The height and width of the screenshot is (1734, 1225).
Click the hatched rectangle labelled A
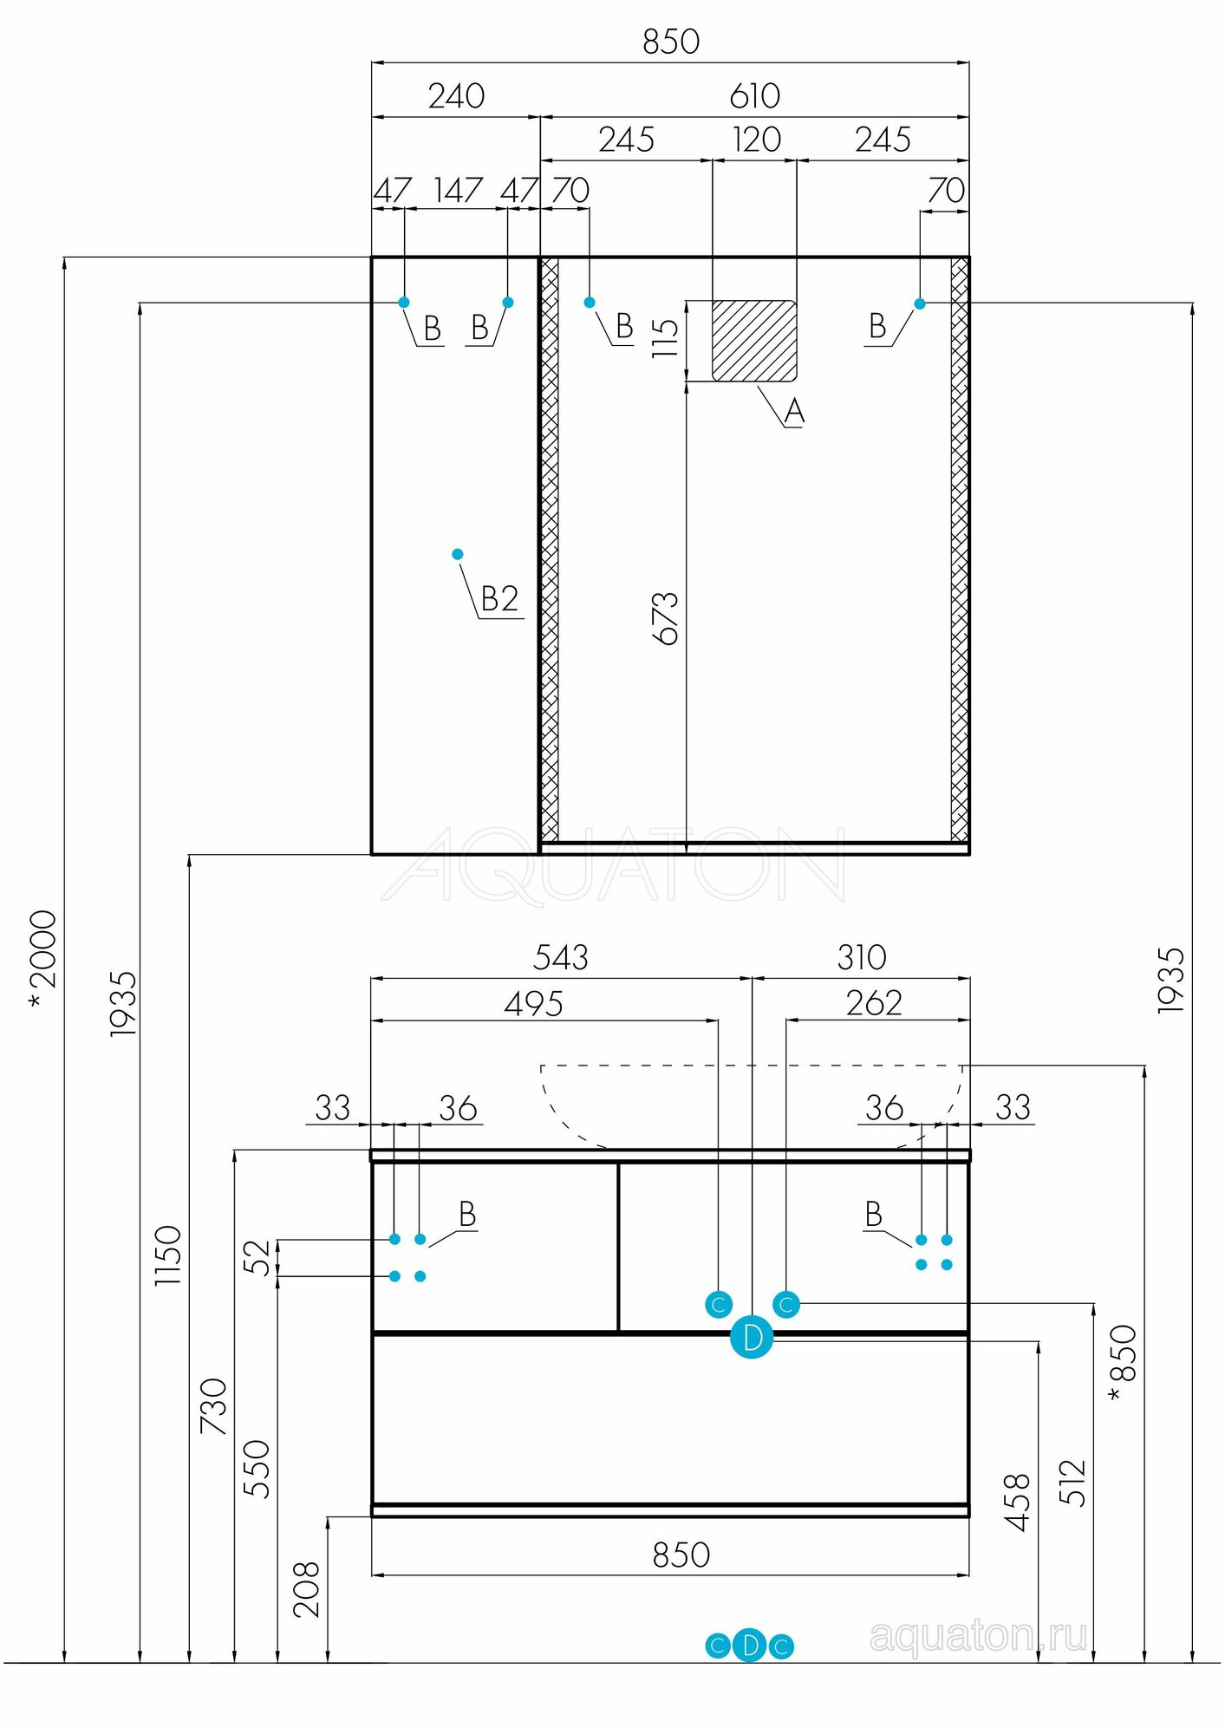tap(753, 340)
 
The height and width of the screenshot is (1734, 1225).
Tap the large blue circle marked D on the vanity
tap(752, 1337)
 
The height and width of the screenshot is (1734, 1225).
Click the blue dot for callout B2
tap(458, 554)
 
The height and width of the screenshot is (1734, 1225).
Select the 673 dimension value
tap(665, 618)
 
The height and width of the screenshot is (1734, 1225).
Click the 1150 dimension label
tap(167, 1255)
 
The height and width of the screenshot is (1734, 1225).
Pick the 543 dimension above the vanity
tap(560, 958)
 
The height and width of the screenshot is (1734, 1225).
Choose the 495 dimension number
tap(533, 1004)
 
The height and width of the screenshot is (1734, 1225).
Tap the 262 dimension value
tap(874, 1003)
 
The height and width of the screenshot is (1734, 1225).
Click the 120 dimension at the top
tap(756, 140)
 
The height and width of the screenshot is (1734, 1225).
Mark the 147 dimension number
tap(458, 191)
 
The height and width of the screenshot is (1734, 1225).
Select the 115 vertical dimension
tap(665, 338)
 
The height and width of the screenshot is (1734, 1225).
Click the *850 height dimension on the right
tap(1123, 1363)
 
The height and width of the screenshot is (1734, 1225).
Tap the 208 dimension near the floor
tap(306, 1590)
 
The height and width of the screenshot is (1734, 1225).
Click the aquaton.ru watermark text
tap(977, 1636)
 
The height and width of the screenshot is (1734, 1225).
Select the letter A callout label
tap(794, 411)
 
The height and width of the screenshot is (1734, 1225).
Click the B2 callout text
tap(499, 599)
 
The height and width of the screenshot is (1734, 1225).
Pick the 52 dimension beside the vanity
tap(257, 1258)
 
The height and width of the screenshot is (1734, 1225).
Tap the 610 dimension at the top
tap(754, 96)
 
